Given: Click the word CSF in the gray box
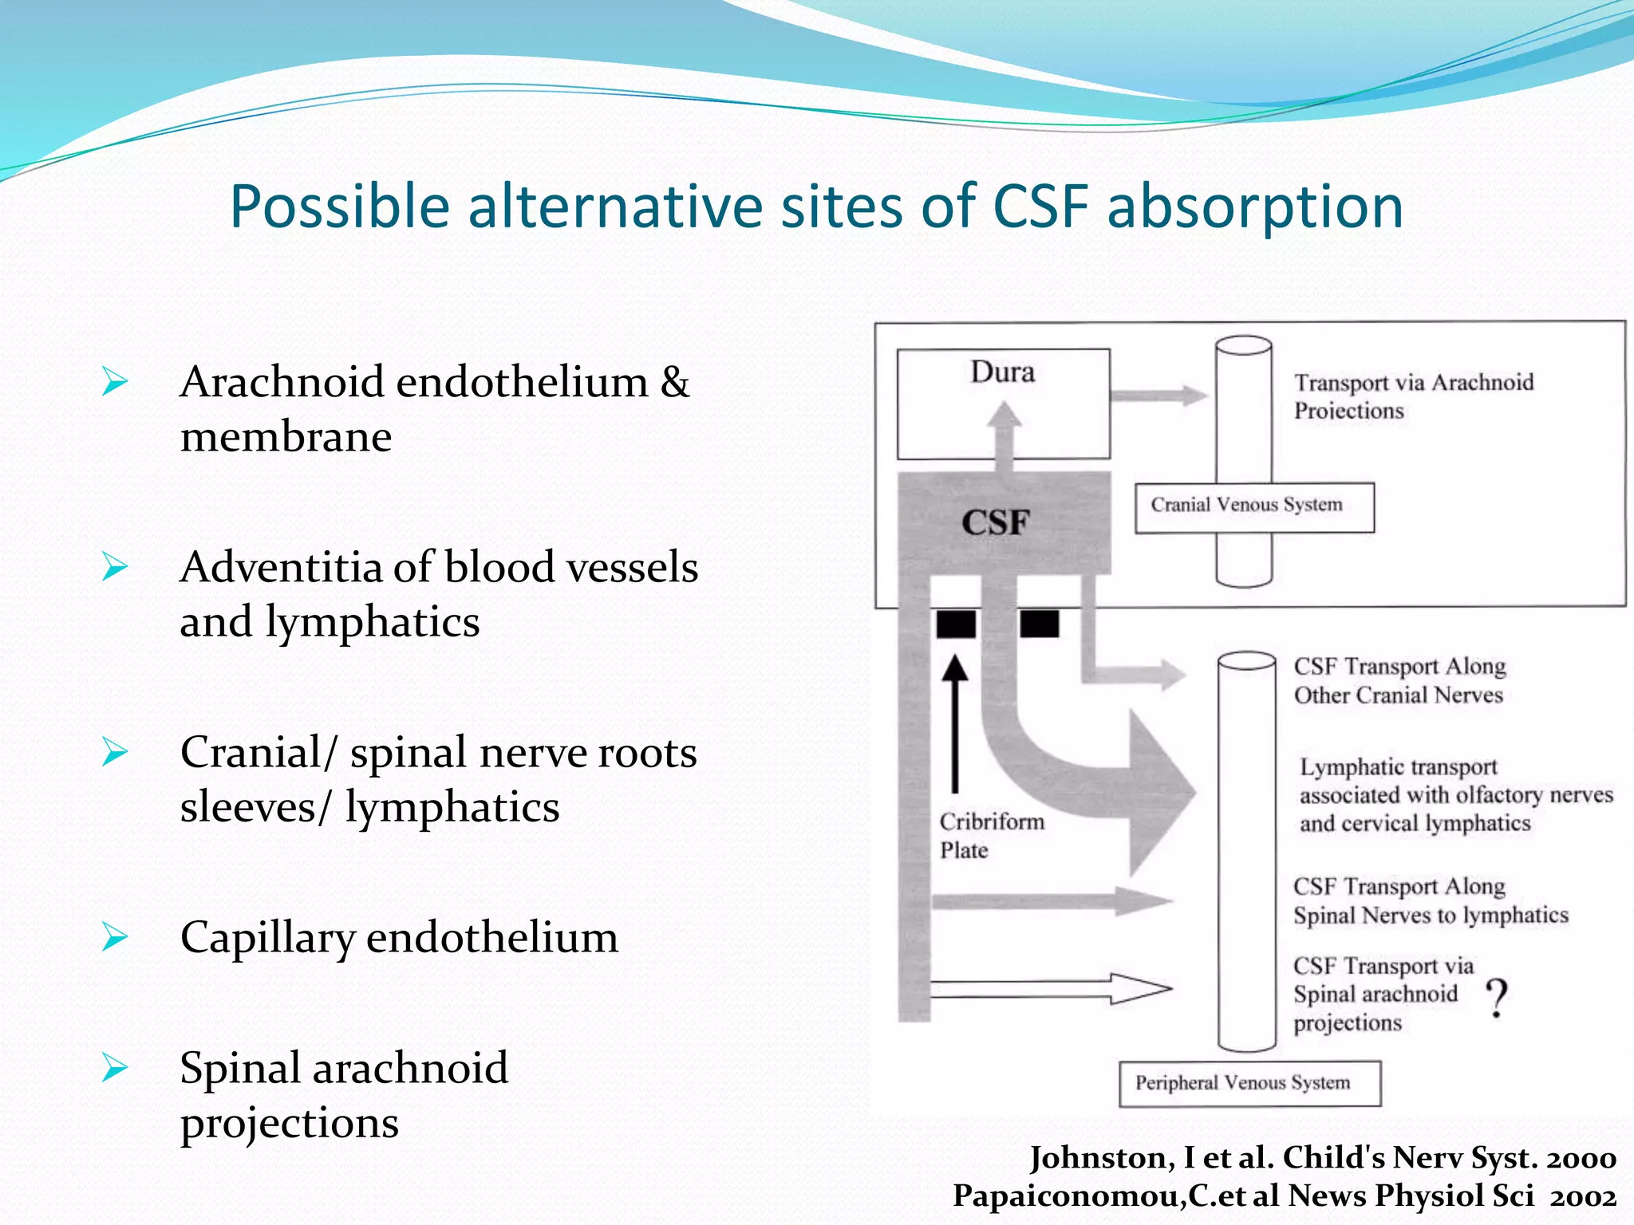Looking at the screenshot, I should pos(995,522).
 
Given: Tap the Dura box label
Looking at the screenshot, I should pos(1002,372).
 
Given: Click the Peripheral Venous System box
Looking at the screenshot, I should pos(1249,1083).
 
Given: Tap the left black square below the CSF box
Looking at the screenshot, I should pos(956,624).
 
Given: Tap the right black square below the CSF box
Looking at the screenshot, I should pos(1039,624).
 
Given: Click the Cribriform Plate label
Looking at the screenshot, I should pos(990,835).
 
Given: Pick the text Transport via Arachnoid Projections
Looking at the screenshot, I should pos(1412,396).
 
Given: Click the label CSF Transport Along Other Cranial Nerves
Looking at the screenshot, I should pos(1399,680).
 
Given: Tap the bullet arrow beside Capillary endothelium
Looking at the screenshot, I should pos(115,937).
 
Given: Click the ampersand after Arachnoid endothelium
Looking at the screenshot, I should pos(674,382).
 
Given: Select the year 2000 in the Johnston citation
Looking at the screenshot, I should pos(1583,1157).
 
